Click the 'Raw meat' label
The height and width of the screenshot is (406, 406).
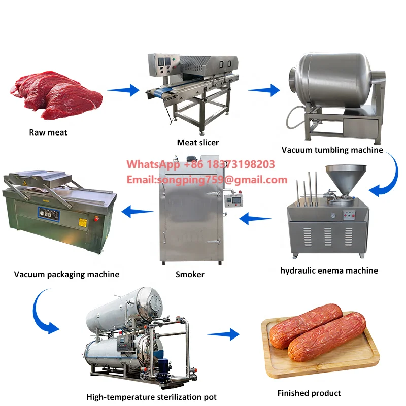coord(48,132)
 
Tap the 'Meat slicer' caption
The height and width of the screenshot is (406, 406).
coord(198,142)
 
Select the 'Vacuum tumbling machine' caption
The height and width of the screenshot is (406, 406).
coord(332,150)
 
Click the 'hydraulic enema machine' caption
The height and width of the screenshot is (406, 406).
coord(329,270)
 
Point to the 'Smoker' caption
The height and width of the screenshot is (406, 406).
coord(190,274)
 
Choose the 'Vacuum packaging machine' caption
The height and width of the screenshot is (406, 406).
coord(66,274)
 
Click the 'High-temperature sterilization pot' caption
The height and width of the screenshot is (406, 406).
coord(151,397)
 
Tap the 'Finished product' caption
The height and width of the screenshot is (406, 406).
coord(309,393)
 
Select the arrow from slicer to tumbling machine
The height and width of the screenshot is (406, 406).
coord(263,90)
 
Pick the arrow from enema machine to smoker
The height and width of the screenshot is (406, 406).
coord(255,219)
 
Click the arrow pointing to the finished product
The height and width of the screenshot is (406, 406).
coord(223,334)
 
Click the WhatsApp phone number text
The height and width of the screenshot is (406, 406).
coord(200,164)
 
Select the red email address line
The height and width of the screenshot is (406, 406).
coord(207,180)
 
